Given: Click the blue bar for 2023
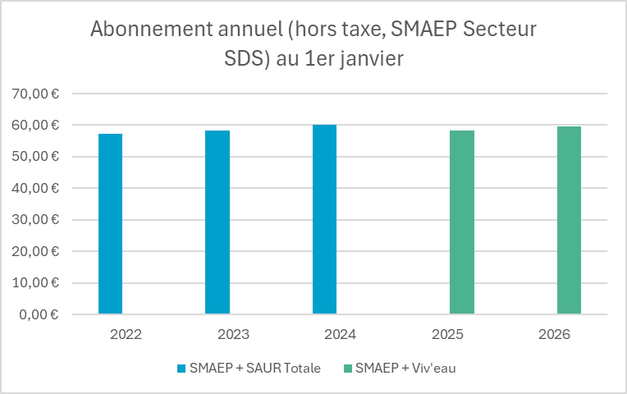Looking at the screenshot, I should (217, 222).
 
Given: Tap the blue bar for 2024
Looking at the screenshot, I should (324, 219).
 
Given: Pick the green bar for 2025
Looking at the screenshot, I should (462, 222).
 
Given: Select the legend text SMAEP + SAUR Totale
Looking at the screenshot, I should (254, 368).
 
